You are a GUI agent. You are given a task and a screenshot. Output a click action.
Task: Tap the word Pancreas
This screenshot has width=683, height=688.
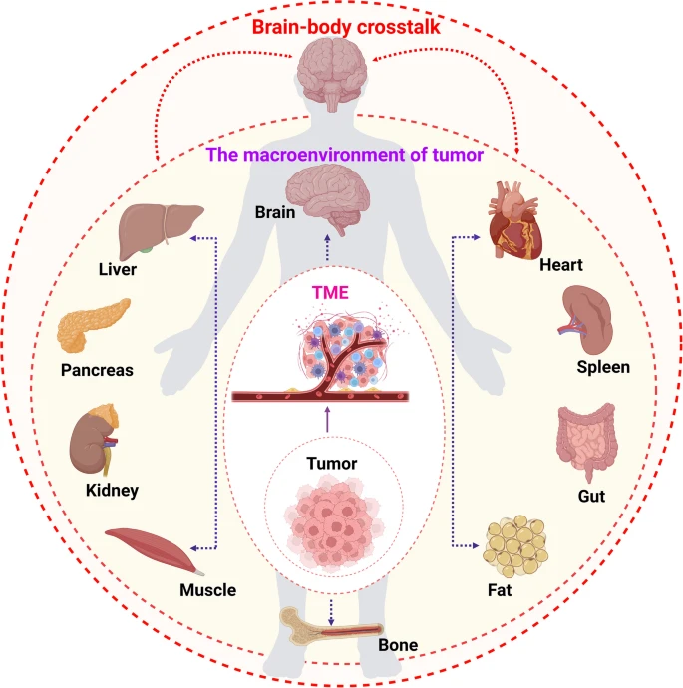(x=98, y=370)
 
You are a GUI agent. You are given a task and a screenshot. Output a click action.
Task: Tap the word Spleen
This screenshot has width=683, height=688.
(x=603, y=366)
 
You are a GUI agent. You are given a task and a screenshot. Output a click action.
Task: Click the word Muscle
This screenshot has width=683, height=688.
(x=207, y=589)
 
